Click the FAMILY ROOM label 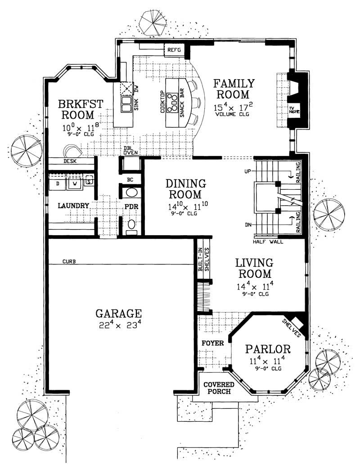[x=234, y=89]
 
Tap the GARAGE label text [x=119, y=313]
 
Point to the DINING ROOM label [x=186, y=189]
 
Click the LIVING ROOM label [x=255, y=268]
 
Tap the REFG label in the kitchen [x=174, y=50]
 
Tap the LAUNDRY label [x=73, y=205]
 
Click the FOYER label [x=213, y=343]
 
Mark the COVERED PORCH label [x=218, y=388]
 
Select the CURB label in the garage [x=68, y=261]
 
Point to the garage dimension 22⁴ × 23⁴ [x=119, y=325]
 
